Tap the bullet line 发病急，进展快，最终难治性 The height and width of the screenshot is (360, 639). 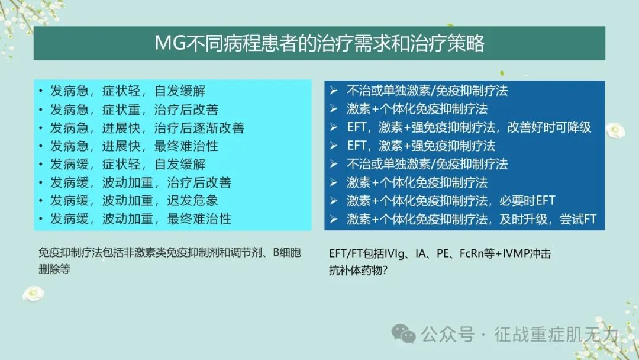coord(134,146)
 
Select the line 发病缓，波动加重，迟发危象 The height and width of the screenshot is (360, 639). coord(134,201)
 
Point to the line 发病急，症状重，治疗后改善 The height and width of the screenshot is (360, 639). coord(134,110)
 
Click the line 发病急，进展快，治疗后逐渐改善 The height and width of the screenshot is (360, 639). coord(147,128)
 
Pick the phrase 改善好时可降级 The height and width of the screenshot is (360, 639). coord(549,127)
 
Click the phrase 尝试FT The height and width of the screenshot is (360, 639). coord(578,219)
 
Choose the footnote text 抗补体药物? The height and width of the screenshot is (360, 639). coord(358,270)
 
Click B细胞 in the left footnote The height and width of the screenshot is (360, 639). coord(287,253)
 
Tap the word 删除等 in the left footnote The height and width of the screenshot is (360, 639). coord(54,269)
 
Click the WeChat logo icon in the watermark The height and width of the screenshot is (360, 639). coord(404,334)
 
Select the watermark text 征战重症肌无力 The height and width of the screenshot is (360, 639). coord(556,335)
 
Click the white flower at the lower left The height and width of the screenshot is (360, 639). coord(33,294)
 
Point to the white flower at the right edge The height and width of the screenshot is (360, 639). coord(615,130)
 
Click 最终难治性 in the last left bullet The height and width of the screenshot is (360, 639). coord(199,219)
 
